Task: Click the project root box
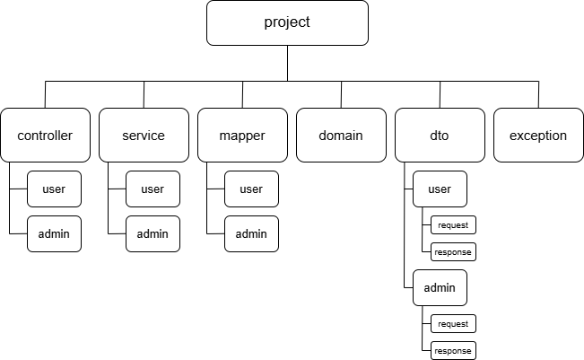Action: [x=287, y=22]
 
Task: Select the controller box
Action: [x=45, y=135]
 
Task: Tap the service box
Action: [x=144, y=135]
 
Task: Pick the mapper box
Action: [x=242, y=135]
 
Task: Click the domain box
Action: [x=341, y=135]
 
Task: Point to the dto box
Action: [x=440, y=135]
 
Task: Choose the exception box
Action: [x=538, y=135]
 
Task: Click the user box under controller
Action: [x=54, y=189]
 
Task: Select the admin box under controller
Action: [x=54, y=233]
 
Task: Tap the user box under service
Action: [x=153, y=189]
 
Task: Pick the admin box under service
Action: [x=153, y=233]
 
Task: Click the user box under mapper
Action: [x=251, y=189]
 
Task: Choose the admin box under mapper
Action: [x=251, y=233]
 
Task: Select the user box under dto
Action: [x=440, y=189]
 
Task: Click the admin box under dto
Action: [x=440, y=287]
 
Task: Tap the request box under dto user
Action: [x=453, y=224]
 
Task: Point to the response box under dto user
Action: [x=453, y=252]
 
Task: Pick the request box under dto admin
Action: [x=453, y=323]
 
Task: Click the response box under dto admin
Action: [x=453, y=351]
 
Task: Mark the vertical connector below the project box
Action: [x=288, y=64]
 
